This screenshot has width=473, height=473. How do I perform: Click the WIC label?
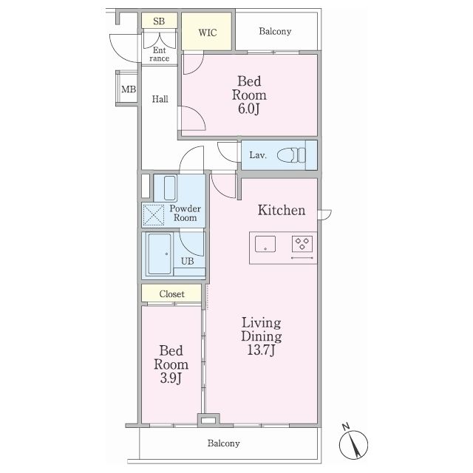coord(208,33)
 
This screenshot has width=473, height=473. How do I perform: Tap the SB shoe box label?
coord(159,21)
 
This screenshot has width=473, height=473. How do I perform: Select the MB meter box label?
coord(129,89)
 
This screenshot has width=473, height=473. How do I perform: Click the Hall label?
coord(160,99)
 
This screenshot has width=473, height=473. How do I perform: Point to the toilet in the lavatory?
coord(291,155)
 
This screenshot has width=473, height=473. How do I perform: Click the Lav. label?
coord(258,155)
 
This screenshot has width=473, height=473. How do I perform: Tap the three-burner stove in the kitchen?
coord(302,244)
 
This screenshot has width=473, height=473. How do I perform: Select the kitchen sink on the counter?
coord(265,244)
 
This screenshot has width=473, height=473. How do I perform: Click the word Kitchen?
coord(282,210)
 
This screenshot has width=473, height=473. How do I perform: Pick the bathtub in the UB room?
coord(160,254)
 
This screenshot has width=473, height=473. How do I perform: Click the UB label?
coord(187,261)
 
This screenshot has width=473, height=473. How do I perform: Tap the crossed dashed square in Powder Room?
coord(153,215)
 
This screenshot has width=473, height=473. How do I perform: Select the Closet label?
coord(172,294)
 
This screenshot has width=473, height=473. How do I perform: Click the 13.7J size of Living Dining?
coord(261,350)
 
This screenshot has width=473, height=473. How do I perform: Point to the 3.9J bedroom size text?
coord(171,378)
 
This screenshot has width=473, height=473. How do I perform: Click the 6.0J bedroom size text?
coord(249,109)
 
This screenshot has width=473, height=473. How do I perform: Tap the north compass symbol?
coord(353,443)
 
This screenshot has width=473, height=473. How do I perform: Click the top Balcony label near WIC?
coord(275,31)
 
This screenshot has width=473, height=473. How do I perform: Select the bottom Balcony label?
coord(223,443)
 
